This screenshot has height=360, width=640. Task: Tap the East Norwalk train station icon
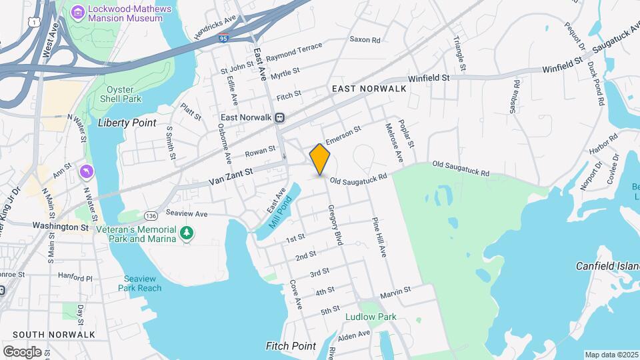pos(280,117)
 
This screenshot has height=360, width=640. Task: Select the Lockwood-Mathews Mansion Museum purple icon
pos(79,11)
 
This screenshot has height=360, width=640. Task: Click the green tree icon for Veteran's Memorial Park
pos(188,233)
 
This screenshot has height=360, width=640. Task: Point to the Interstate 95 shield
pos(224,39)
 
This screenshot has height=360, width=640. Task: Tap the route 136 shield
pos(151,215)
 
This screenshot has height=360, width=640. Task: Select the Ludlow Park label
pos(371,317)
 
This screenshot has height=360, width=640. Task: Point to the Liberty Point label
pos(127,123)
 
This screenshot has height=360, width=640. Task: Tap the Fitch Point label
pos(291,346)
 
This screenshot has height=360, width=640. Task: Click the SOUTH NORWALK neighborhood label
pos(53,335)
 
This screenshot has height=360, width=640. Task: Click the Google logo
pos(22,351)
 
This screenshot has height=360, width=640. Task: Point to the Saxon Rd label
pos(365,40)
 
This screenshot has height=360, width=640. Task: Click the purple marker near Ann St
pos(87,172)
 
